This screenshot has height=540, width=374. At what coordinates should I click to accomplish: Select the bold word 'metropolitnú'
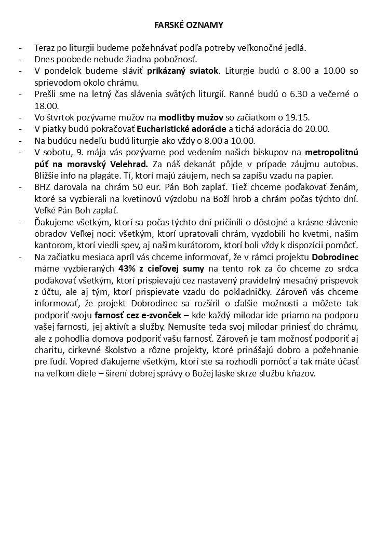(x=331, y=152)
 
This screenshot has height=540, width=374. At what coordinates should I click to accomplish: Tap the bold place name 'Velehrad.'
(x=127, y=164)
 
